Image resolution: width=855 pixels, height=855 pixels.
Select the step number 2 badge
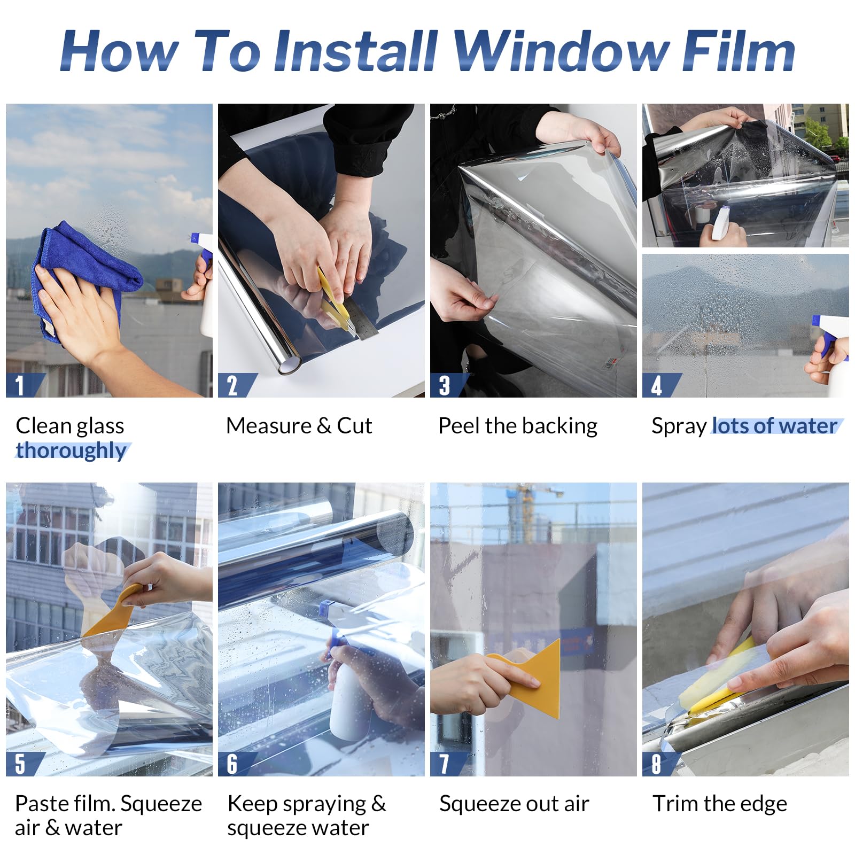233,385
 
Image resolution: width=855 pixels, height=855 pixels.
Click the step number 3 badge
445,385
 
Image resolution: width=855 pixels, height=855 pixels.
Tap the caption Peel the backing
517,426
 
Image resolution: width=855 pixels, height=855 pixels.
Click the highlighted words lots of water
774,426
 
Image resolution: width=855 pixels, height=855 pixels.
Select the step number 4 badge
657,385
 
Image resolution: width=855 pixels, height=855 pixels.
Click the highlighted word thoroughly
71,450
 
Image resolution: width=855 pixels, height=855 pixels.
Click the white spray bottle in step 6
350,695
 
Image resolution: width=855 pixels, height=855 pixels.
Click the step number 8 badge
657,764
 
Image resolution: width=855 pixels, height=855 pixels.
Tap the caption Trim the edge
719,804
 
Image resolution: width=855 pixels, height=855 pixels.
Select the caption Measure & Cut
299,426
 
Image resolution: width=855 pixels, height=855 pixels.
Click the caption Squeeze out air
514,804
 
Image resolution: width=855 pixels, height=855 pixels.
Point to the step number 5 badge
20,764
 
